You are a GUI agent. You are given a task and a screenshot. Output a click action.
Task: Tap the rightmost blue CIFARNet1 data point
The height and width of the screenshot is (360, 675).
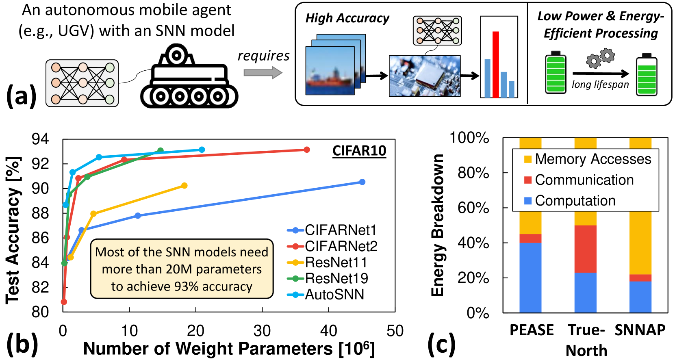(x=362, y=182)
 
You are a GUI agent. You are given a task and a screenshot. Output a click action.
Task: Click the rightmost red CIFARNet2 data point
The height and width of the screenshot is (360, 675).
(x=307, y=150)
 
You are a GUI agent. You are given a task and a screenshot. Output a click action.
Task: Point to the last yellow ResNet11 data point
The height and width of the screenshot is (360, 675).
(x=184, y=186)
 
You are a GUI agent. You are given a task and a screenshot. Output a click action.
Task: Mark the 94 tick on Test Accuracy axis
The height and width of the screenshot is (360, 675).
(x=40, y=139)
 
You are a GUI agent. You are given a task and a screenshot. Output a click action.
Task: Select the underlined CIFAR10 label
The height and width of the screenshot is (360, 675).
(x=359, y=151)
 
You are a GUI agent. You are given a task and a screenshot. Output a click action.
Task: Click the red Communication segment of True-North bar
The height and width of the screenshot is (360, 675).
(x=585, y=249)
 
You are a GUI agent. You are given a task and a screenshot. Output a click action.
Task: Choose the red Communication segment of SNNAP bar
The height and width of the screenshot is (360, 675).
(x=640, y=278)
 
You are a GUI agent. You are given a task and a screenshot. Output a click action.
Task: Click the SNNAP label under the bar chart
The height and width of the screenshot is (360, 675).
(x=640, y=330)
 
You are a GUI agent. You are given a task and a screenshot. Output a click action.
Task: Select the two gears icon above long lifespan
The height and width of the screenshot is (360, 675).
(x=600, y=58)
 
